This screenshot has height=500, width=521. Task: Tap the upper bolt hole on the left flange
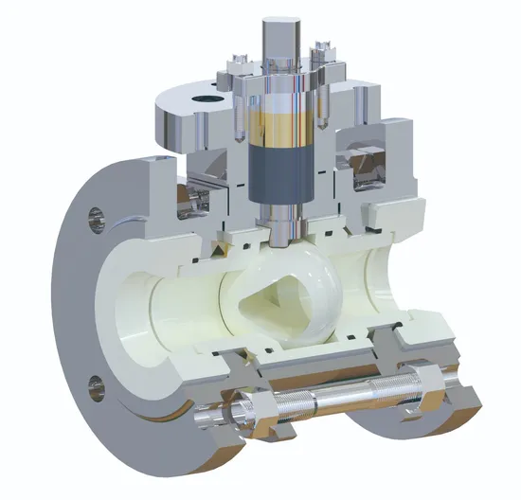click(x=93, y=217)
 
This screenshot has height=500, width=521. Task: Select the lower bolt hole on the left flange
click(x=95, y=384)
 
